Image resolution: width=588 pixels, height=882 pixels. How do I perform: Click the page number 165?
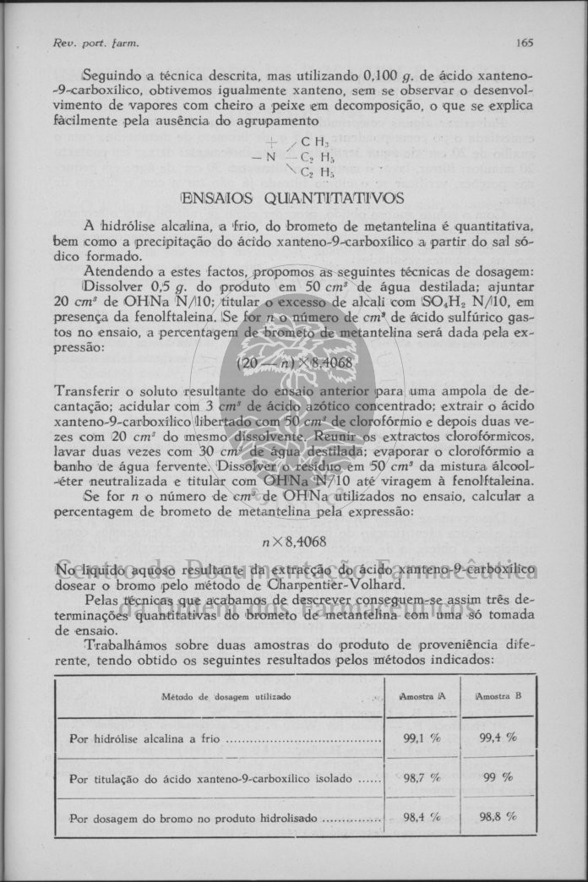coord(525,42)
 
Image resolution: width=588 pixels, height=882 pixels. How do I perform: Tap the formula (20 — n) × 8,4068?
coord(283,364)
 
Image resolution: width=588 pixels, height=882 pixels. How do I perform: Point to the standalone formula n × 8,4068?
coord(294,541)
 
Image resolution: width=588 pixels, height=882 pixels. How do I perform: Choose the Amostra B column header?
coord(498,696)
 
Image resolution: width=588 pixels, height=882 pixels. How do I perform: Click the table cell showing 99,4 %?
coord(498,738)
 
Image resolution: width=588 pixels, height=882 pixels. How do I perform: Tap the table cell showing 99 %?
coord(498,777)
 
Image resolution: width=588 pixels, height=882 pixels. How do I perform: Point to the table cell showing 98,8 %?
coord(498,817)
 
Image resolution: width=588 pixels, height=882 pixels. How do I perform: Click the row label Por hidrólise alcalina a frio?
coord(145,738)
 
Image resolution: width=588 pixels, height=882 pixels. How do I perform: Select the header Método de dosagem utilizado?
coord(226,697)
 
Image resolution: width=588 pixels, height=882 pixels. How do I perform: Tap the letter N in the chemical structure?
coord(271,156)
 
